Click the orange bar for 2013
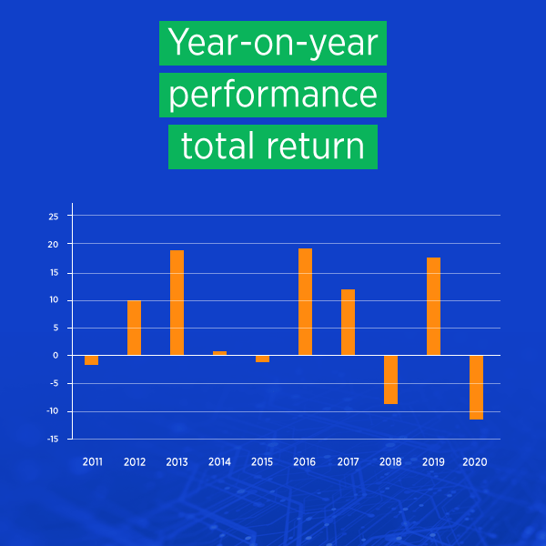(x=177, y=303)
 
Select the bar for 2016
(x=305, y=302)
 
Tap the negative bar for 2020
(x=476, y=387)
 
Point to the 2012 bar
(x=134, y=328)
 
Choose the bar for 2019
(x=433, y=307)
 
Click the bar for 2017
(x=348, y=322)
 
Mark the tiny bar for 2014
(x=219, y=353)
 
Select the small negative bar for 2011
(x=91, y=360)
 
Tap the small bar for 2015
(x=262, y=359)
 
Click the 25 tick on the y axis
(x=54, y=217)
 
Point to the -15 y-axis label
(x=53, y=440)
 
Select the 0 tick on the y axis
(x=56, y=356)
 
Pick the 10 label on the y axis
(x=54, y=300)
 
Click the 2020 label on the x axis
(x=476, y=462)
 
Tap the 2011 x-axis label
(x=92, y=462)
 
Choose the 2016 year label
(x=305, y=462)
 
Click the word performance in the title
(x=273, y=95)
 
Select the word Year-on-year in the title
(x=273, y=43)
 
